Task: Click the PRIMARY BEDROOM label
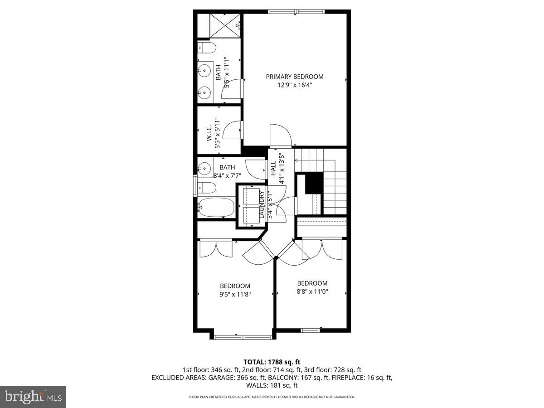[x=295, y=77]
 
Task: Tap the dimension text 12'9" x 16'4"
[x=295, y=85]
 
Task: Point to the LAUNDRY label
[x=262, y=204]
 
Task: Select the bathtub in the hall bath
[x=216, y=208]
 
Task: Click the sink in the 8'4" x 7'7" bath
[x=204, y=167]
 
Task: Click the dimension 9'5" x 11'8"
[x=235, y=294]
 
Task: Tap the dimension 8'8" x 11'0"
[x=312, y=291]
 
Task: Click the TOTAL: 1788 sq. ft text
[x=272, y=362]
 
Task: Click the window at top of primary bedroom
[x=296, y=12]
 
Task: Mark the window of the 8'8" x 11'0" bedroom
[x=311, y=330]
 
